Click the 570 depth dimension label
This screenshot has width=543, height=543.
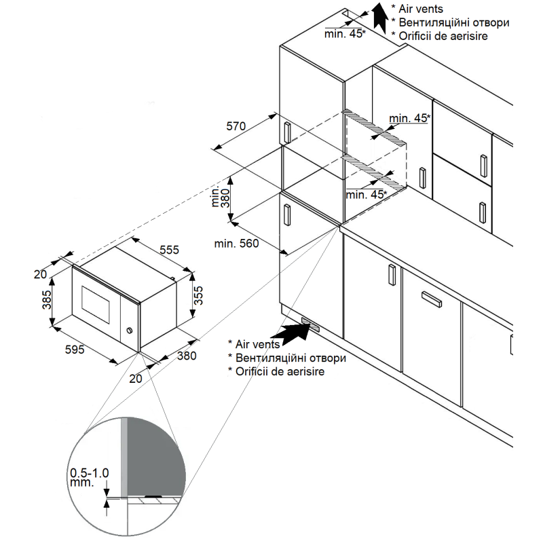point(235,126)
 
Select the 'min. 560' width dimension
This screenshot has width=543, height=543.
point(236,244)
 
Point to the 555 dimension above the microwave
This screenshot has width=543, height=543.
point(169,250)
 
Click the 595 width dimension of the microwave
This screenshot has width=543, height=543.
point(74,350)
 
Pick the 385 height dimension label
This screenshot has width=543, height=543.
point(47,299)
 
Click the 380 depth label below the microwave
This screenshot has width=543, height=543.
point(187,355)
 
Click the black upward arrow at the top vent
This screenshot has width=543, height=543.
point(377,18)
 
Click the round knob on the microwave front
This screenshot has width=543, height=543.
point(129,332)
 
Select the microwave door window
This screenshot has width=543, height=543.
point(95,302)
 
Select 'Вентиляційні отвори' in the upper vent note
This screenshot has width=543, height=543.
point(454,22)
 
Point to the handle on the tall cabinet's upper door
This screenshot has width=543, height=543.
point(287,132)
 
